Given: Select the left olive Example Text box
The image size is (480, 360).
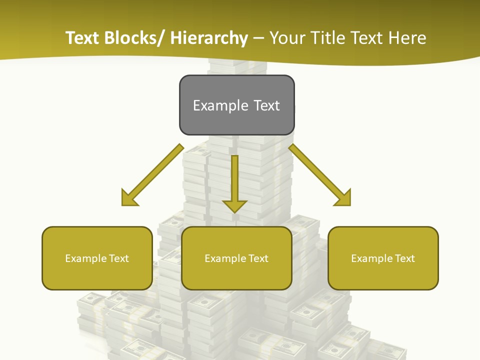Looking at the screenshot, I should pos(97,258).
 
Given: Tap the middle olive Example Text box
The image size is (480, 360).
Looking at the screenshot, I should pos(236,258).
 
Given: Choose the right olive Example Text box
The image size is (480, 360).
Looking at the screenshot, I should pos(383,258).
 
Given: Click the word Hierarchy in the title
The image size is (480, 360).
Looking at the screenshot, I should pos(209,38).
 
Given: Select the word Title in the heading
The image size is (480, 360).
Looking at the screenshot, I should pos(328,38).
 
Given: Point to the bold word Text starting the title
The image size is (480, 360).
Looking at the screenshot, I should pos(83,38).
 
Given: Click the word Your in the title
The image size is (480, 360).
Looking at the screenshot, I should pos(289,38).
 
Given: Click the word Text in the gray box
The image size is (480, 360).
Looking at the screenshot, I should pos(266,105).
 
